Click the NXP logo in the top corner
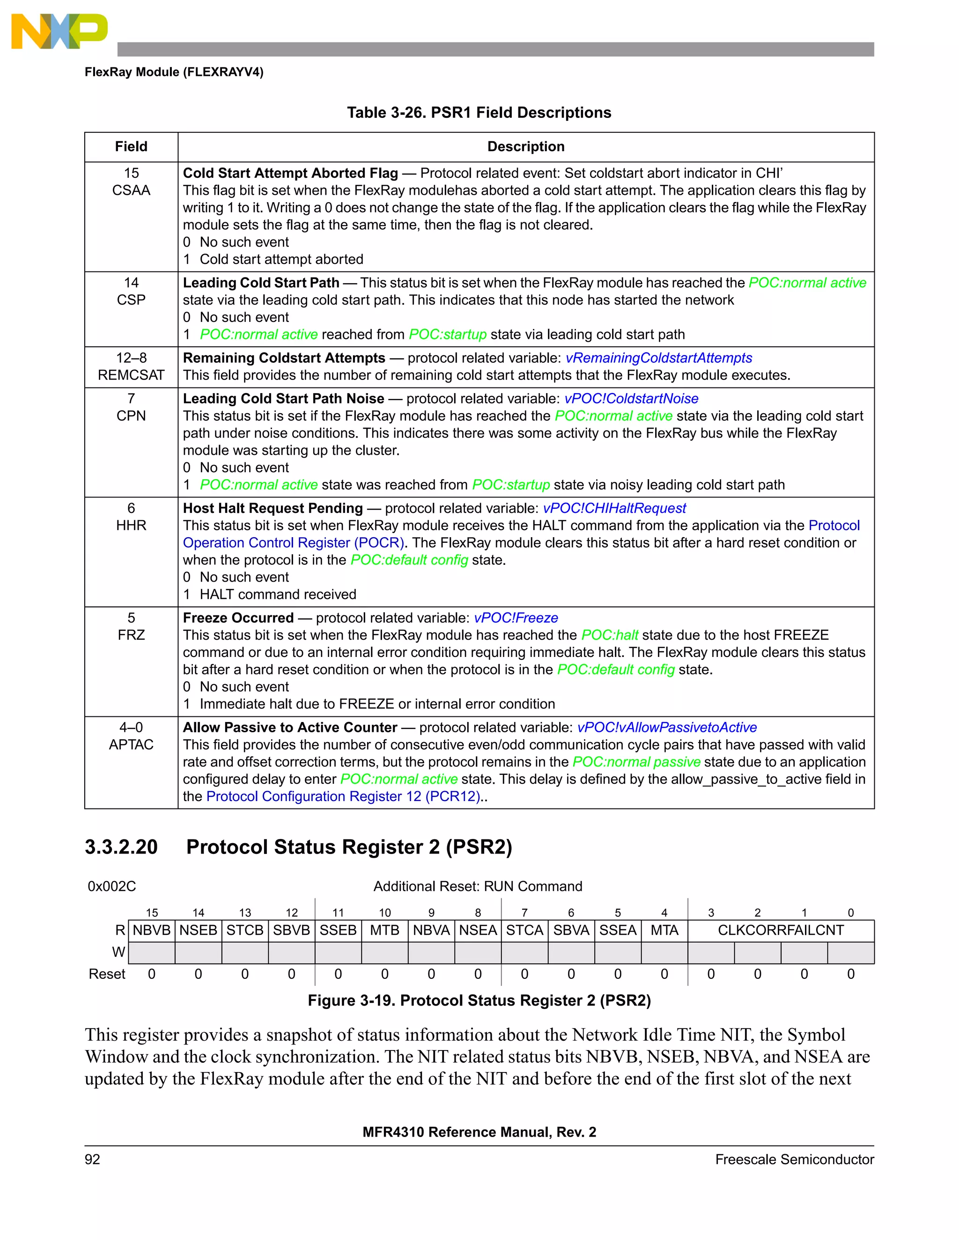pyautogui.click(x=59, y=31)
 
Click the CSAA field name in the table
pyautogui.click(x=131, y=190)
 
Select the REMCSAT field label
pyautogui.click(x=131, y=375)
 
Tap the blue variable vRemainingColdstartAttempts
pyautogui.click(x=658, y=358)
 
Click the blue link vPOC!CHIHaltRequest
pyautogui.click(x=614, y=509)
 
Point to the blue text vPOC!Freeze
pyautogui.click(x=516, y=618)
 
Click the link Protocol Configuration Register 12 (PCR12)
pyautogui.click(x=343, y=796)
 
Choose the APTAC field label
pyautogui.click(x=131, y=745)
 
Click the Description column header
pyautogui.click(x=525, y=147)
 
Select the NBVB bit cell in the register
pyautogui.click(x=152, y=931)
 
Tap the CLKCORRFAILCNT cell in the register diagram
pyautogui.click(x=781, y=931)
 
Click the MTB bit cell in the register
pyautogui.click(x=384, y=931)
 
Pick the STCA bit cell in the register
pyautogui.click(x=524, y=931)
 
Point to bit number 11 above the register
pyautogui.click(x=338, y=913)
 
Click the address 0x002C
pyautogui.click(x=112, y=887)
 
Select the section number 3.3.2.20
pyautogui.click(x=121, y=847)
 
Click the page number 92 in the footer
pyautogui.click(x=93, y=1160)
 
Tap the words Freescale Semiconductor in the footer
pyautogui.click(x=794, y=1160)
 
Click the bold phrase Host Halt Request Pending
pyautogui.click(x=273, y=509)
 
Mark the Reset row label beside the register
pyautogui.click(x=107, y=974)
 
